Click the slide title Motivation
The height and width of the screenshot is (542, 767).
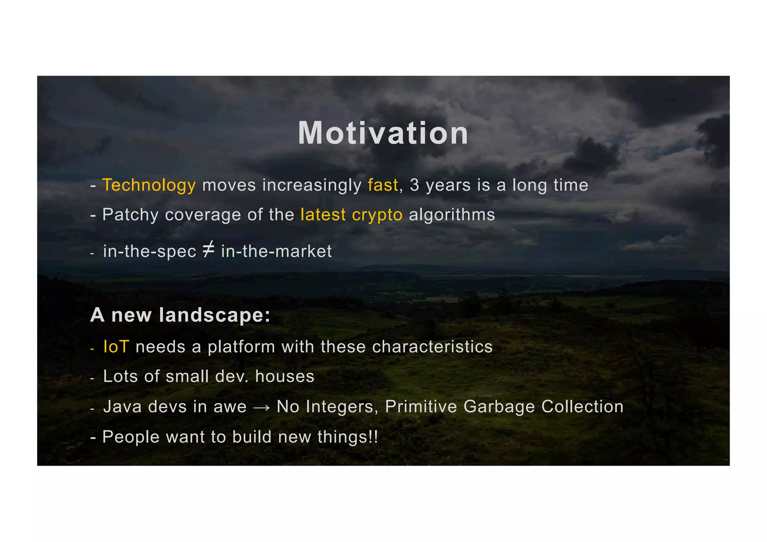click(383, 133)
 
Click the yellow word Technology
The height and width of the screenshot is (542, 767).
click(149, 185)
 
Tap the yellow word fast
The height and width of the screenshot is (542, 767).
click(383, 185)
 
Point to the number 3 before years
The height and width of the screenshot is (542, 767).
click(414, 185)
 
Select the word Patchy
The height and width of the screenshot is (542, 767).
click(130, 215)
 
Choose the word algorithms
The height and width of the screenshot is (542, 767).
click(452, 215)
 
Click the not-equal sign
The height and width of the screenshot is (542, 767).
click(209, 250)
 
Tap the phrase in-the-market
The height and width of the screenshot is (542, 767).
click(276, 251)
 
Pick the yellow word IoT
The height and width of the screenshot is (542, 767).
click(116, 347)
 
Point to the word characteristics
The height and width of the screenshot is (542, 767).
click(432, 347)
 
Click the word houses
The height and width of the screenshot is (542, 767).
click(285, 376)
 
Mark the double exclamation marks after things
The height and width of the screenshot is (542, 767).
click(373, 437)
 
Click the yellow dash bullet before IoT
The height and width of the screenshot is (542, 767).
click(92, 349)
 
